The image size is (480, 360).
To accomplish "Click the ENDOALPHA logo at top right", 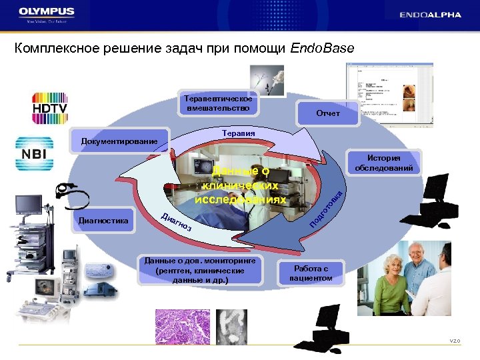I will pos(430,15).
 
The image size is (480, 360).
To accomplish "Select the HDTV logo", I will pos(41,107).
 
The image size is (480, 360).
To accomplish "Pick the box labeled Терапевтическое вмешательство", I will pos(217,103).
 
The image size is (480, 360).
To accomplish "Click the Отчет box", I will pos(327,113).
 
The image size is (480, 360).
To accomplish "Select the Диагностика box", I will pos(103,221).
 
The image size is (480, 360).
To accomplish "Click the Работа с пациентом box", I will pos(311,271).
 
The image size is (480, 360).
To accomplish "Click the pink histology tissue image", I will pos(182,327).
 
